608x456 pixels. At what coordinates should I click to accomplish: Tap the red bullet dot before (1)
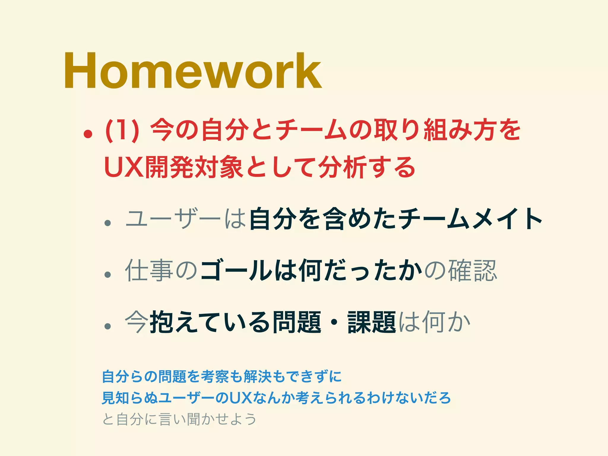click(x=88, y=134)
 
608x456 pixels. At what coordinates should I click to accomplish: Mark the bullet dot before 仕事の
click(x=107, y=275)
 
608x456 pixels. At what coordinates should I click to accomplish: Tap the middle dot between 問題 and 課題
click(x=334, y=322)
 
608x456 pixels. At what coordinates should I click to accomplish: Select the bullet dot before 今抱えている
click(x=107, y=326)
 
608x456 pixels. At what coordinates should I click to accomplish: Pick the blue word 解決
click(x=257, y=376)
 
